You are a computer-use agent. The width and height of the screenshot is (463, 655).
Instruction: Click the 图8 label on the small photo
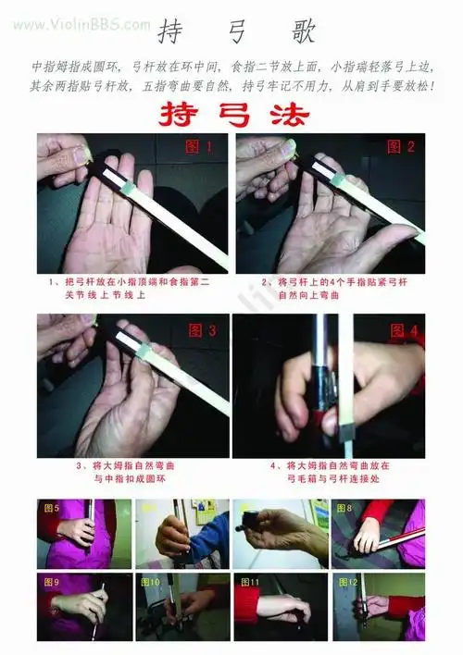(x=344, y=508)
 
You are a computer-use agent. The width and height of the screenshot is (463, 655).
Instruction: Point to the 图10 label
(x=151, y=583)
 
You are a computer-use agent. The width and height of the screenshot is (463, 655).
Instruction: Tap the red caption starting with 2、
(x=329, y=287)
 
